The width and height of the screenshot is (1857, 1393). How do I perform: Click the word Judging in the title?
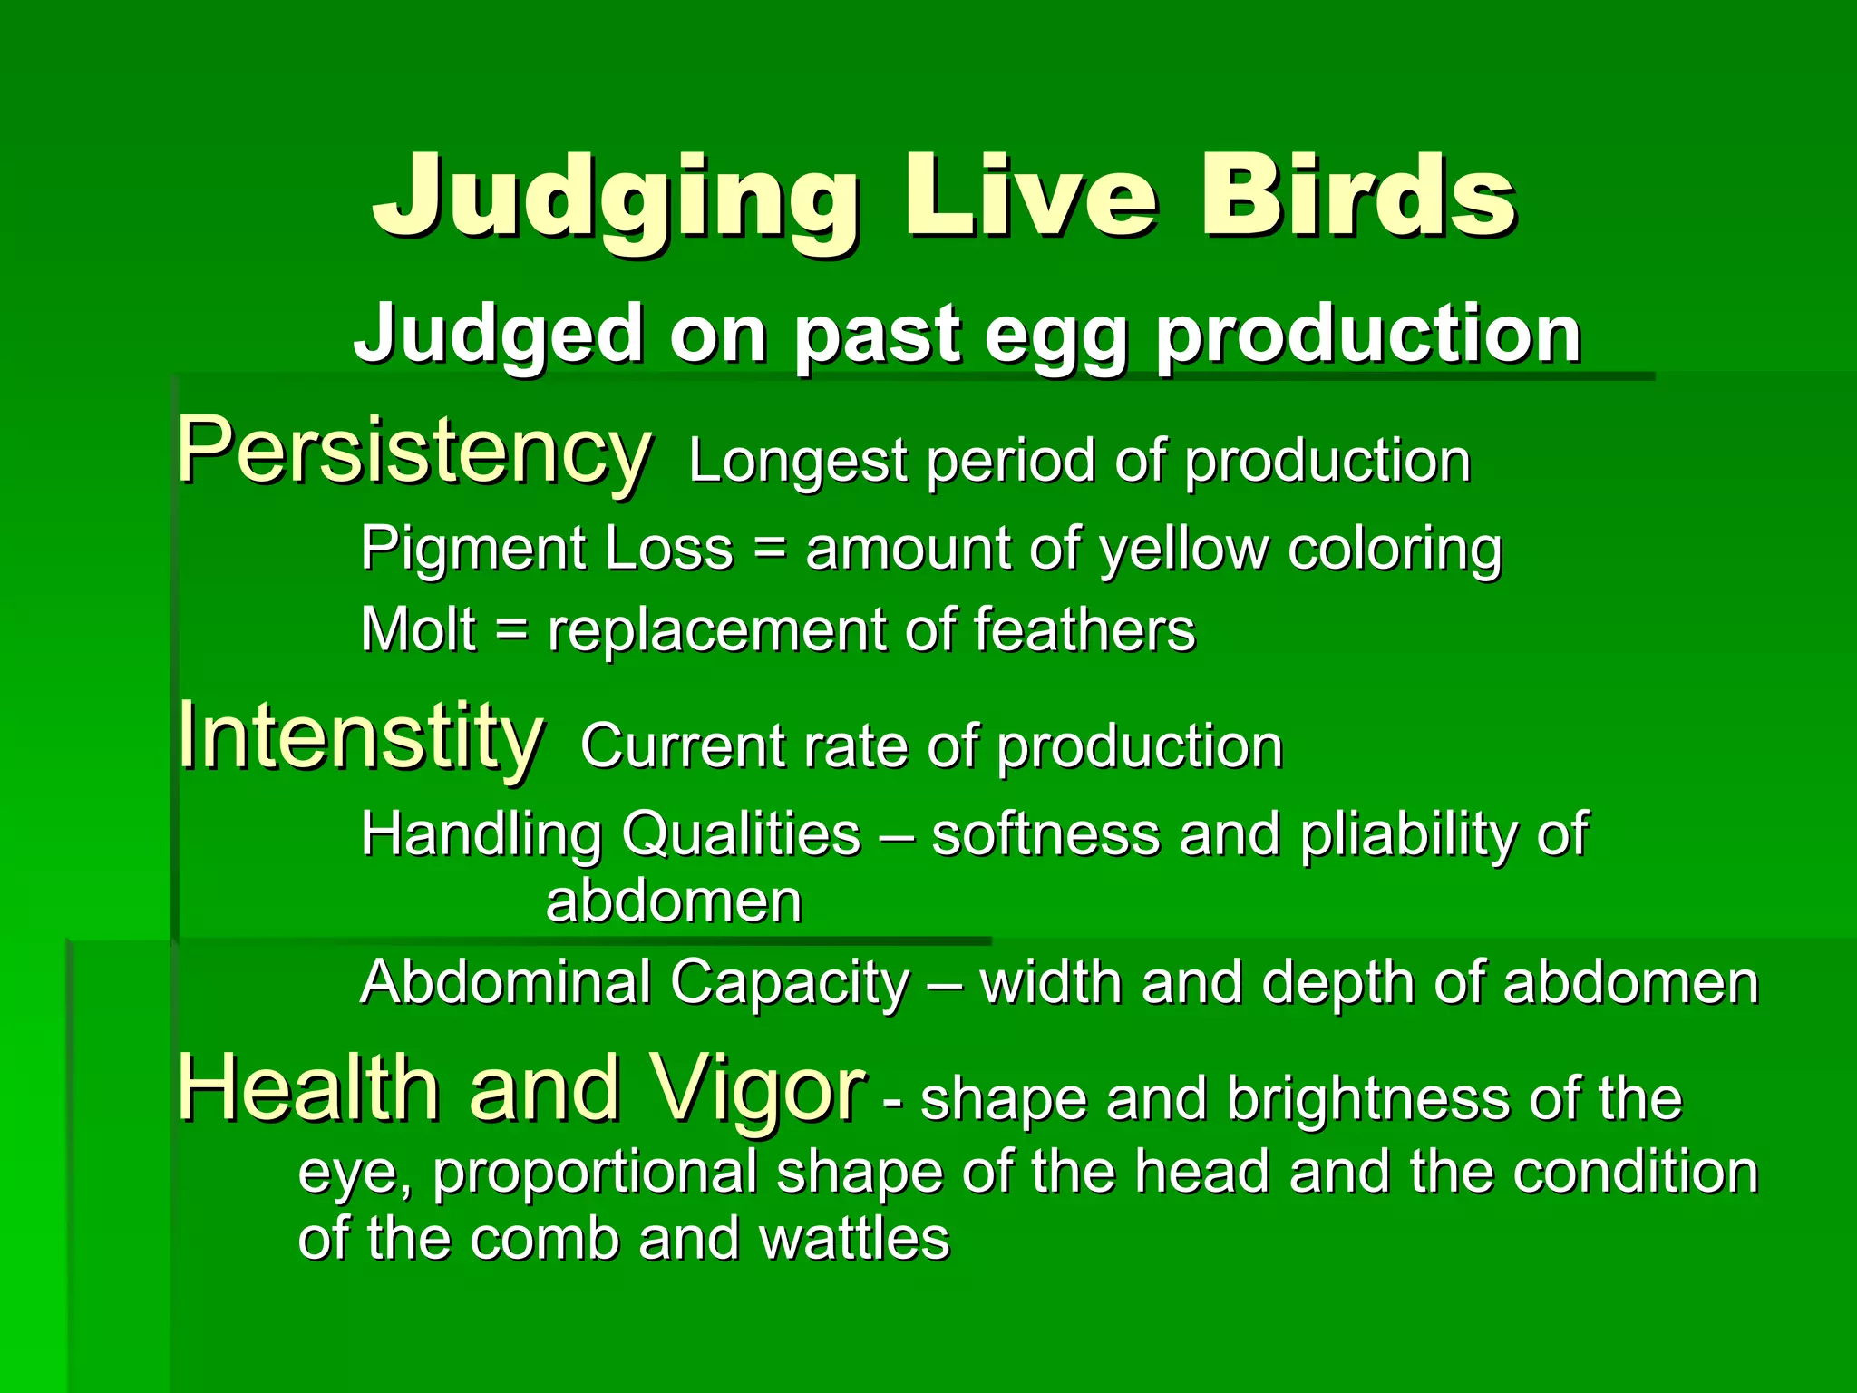coord(615,198)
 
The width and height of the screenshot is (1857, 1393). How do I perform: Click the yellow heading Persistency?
coord(413,451)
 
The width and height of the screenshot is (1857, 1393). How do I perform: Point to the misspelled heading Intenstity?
coord(360,736)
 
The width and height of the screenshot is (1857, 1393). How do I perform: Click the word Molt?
coord(418,629)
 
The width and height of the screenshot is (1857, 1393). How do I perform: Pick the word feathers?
coord(1084,629)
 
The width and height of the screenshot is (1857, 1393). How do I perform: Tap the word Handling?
coord(481,834)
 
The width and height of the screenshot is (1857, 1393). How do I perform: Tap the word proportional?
coord(595,1173)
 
